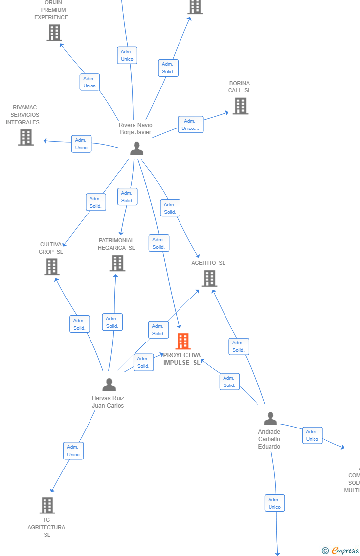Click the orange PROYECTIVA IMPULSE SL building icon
click(183, 341)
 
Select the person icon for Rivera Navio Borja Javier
click(136, 148)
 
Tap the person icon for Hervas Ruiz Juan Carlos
click(109, 385)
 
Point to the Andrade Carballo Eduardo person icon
click(270, 419)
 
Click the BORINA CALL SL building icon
click(240, 106)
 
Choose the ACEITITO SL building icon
click(209, 278)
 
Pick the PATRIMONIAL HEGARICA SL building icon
click(117, 263)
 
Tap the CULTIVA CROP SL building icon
click(51, 267)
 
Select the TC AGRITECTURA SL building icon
click(47, 505)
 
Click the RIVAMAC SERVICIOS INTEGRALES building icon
click(26, 137)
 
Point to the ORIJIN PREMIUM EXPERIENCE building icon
click(54, 33)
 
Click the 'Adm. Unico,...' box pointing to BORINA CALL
click(190, 125)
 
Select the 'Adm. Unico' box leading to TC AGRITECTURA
click(73, 451)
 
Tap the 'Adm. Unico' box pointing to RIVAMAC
click(81, 144)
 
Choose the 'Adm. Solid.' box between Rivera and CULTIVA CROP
click(95, 202)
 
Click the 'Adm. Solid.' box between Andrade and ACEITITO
click(239, 346)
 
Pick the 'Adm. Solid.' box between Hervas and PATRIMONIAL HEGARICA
click(112, 322)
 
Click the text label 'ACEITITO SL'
click(208, 263)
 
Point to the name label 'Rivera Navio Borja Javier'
click(135, 128)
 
